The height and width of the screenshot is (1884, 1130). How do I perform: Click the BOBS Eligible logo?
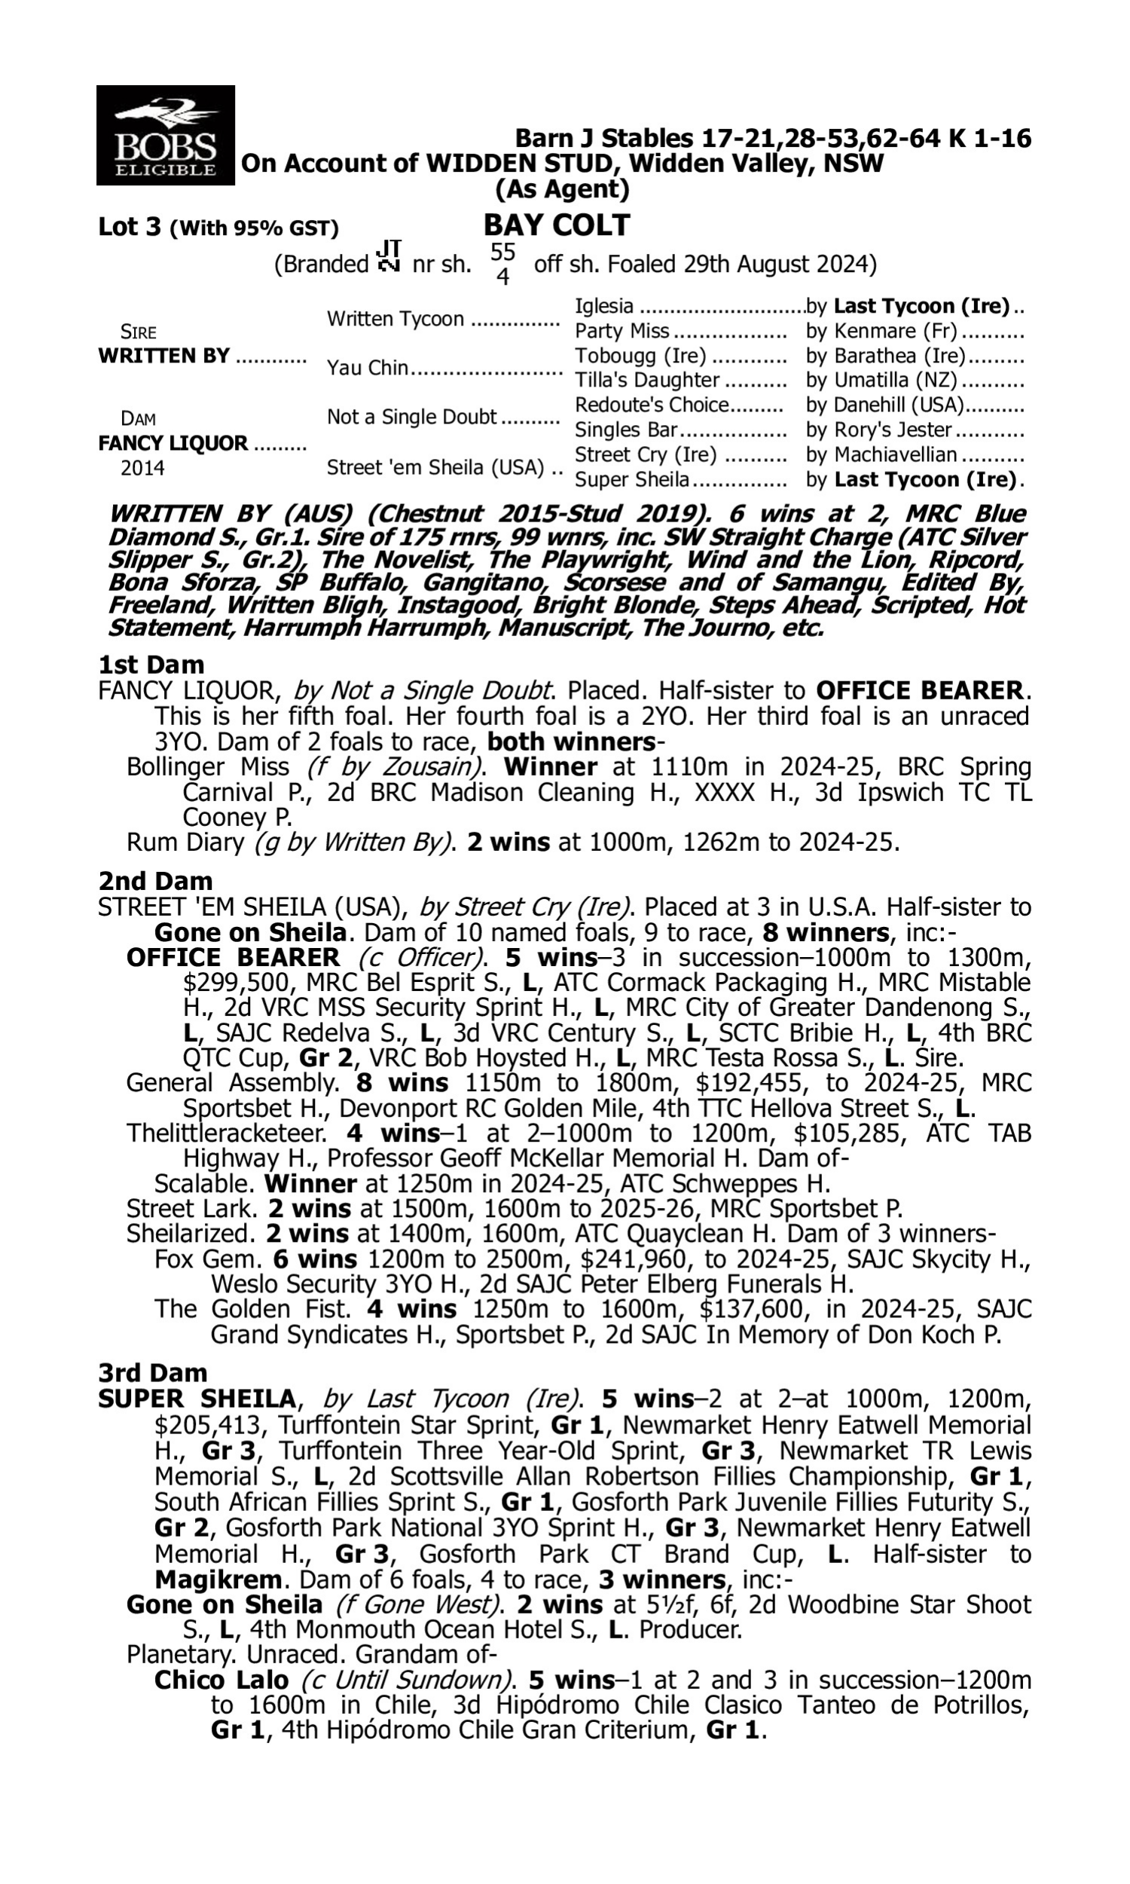[x=165, y=136]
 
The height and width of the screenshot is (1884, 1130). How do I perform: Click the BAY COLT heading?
[x=557, y=225]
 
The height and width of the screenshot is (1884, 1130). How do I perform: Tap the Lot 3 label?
[x=130, y=227]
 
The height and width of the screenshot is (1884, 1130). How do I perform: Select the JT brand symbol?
[x=389, y=257]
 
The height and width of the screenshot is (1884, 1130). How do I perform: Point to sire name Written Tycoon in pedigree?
[x=395, y=319]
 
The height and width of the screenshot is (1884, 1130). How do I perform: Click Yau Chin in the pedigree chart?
[x=367, y=368]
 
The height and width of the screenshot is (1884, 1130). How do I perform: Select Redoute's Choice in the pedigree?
[x=652, y=405]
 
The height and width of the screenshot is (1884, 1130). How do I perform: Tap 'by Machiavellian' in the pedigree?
[x=881, y=454]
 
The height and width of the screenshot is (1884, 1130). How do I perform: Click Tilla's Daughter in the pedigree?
[x=646, y=380]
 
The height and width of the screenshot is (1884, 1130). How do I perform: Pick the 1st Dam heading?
[x=151, y=665]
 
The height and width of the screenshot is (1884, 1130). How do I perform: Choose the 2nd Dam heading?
[x=154, y=881]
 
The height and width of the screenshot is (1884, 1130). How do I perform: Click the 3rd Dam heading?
[x=152, y=1372]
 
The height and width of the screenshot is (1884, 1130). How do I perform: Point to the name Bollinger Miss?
[x=208, y=767]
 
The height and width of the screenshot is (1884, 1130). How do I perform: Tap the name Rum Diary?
[x=185, y=843]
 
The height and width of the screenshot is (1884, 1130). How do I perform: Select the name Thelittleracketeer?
[x=226, y=1133]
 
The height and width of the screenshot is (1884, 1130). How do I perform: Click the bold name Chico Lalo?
[x=221, y=1680]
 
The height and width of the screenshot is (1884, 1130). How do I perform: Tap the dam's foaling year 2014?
[x=142, y=467]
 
